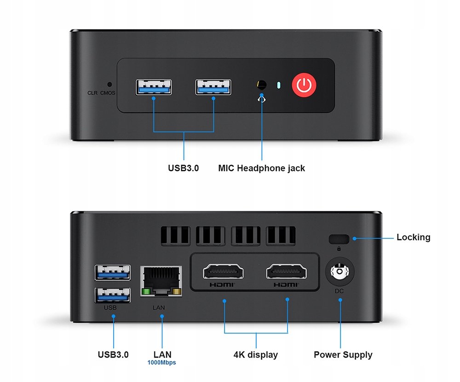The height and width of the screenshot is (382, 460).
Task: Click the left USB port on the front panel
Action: (154, 87)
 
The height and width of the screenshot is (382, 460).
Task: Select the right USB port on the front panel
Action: (213, 87)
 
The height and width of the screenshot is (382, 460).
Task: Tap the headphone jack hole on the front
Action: (262, 85)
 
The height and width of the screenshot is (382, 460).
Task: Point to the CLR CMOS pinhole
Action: (109, 84)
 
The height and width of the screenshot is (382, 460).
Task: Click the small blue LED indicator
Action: (278, 85)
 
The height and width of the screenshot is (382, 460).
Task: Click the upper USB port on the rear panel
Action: (112, 272)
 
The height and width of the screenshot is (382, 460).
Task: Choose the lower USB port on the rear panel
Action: (112, 295)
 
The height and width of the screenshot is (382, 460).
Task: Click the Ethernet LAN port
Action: (161, 281)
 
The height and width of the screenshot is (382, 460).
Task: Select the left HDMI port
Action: (224, 272)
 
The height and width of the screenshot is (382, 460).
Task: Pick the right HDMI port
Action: (286, 272)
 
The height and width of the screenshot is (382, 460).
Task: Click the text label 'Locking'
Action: (413, 237)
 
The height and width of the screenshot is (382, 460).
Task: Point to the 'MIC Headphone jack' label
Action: (261, 168)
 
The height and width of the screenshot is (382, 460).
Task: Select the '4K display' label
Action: (256, 355)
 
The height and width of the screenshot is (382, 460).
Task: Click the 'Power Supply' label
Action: (343, 355)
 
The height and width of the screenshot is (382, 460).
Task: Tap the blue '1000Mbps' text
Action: (162, 363)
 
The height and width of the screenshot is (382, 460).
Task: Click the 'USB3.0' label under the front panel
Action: (183, 168)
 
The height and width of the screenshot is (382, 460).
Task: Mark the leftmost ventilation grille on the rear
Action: (175, 235)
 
